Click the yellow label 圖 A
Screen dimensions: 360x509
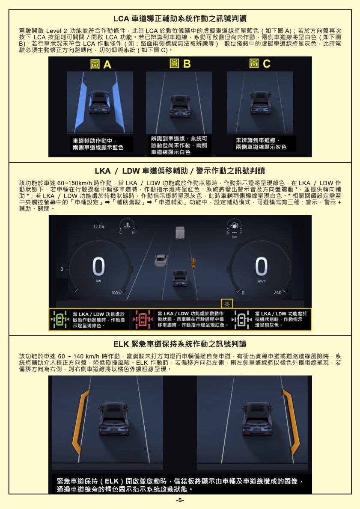click(x=101, y=64)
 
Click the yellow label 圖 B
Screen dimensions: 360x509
click(x=180, y=63)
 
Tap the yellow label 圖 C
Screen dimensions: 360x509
click(x=259, y=63)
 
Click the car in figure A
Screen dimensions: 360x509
click(x=100, y=102)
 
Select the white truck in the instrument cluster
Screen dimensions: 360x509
click(x=180, y=232)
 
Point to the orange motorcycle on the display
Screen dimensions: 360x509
click(x=193, y=263)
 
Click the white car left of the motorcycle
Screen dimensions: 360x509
click(x=161, y=260)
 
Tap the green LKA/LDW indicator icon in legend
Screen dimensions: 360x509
click(x=59, y=319)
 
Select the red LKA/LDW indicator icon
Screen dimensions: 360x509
click(x=143, y=319)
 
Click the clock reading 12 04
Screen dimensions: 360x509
click(x=99, y=227)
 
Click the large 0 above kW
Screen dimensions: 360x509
click(x=98, y=267)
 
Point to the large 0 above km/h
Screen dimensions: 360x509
click(x=261, y=267)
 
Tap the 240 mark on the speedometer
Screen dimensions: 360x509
click(x=277, y=293)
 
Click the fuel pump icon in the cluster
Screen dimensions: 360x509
click(x=234, y=225)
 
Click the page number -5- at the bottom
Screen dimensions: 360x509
click(x=180, y=500)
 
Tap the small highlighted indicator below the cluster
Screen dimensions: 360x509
click(x=227, y=304)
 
